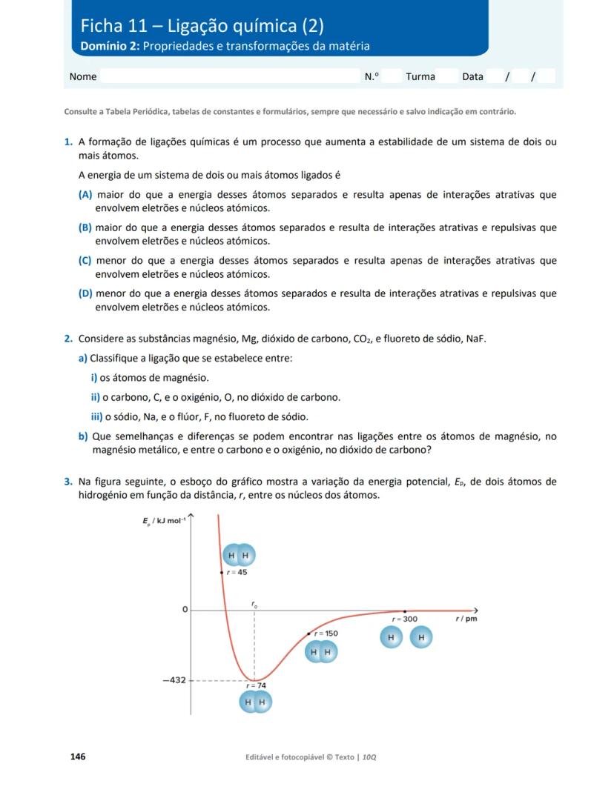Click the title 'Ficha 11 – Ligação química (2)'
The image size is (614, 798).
202,27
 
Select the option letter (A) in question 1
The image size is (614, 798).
85,195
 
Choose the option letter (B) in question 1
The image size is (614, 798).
85,228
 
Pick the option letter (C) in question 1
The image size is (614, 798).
85,261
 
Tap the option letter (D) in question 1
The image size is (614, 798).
85,293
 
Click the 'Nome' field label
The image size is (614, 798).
83,76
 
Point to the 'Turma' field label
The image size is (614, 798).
420,76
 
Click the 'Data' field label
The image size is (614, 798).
472,76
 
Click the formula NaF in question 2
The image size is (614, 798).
475,339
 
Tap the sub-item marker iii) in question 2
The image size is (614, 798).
96,416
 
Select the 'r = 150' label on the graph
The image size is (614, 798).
326,634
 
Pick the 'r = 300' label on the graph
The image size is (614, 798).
405,619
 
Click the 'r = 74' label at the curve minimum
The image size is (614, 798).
256,686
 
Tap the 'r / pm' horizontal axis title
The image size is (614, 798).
466,619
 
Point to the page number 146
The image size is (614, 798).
78,757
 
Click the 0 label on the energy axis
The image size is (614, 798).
185,609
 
